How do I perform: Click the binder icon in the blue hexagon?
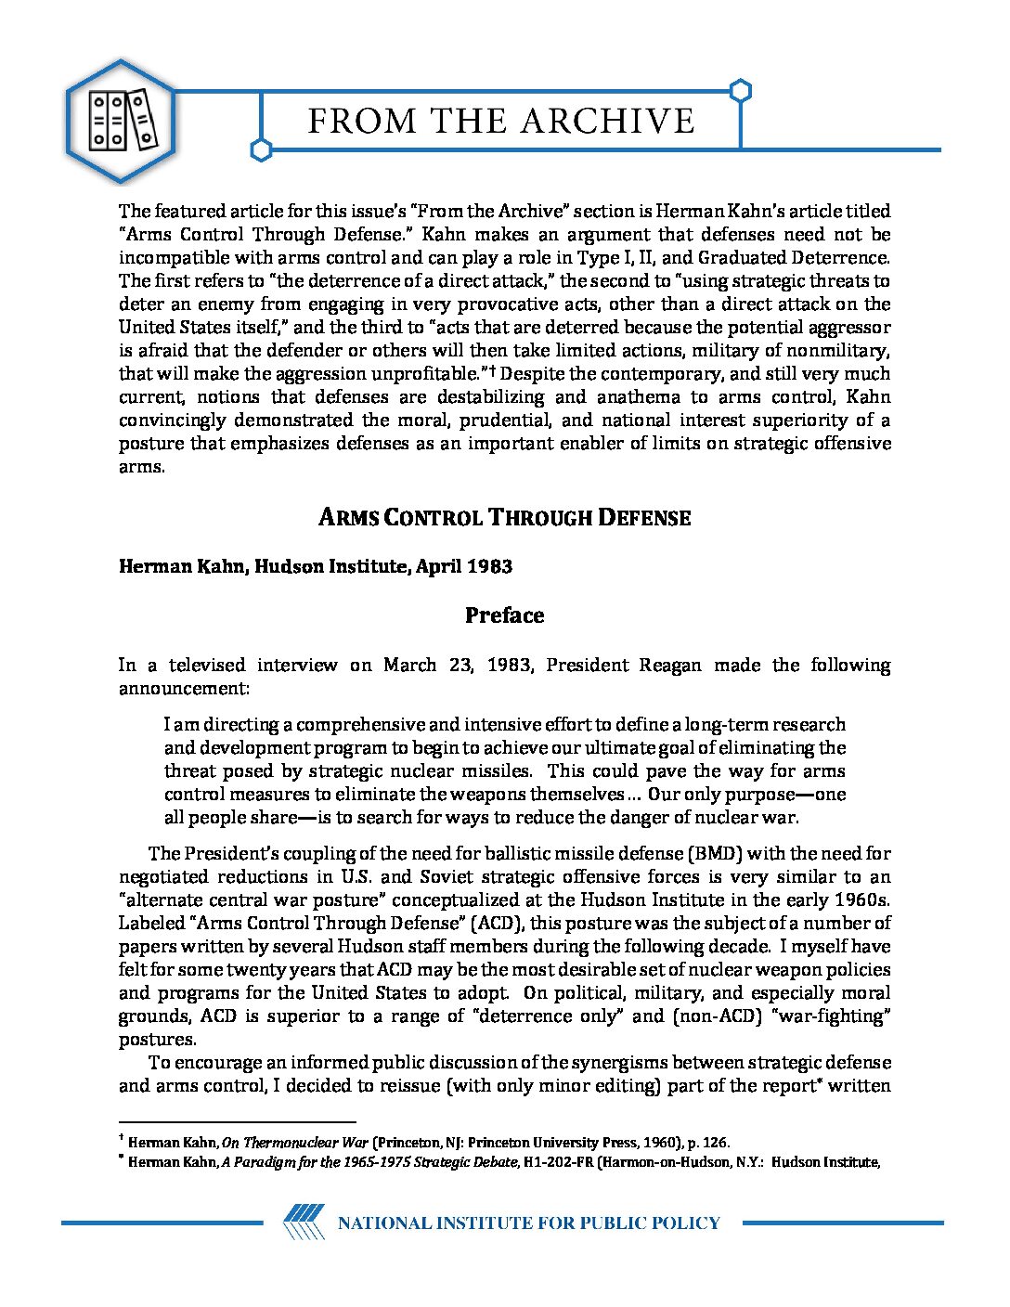point(121,121)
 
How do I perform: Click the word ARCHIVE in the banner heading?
point(607,122)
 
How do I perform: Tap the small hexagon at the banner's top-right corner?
point(740,91)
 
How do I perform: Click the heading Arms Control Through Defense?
point(504,517)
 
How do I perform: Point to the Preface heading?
point(504,615)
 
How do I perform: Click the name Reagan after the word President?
point(670,665)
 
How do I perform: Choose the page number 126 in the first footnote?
point(715,1143)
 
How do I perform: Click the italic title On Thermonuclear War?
point(295,1143)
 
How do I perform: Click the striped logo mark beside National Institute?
point(304,1222)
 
